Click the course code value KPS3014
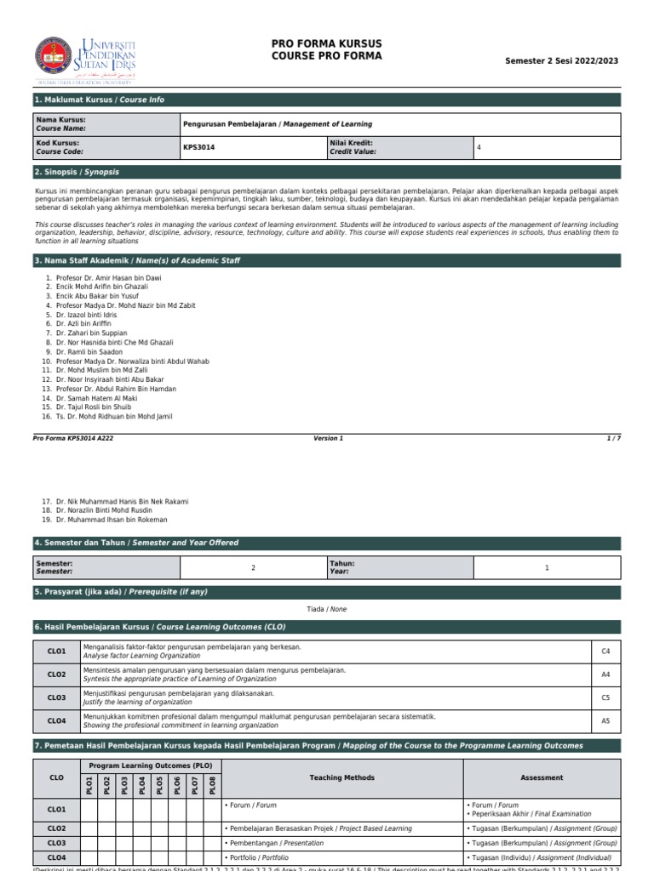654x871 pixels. point(199,147)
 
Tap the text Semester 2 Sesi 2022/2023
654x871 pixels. point(561,61)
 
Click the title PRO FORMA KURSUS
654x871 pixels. point(326,43)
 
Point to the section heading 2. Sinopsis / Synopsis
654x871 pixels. point(77,172)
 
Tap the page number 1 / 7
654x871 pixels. point(613,438)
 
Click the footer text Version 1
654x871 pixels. point(328,438)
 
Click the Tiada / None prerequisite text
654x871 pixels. point(327,609)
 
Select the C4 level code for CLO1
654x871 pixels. point(605,652)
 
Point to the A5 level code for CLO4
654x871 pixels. point(605,720)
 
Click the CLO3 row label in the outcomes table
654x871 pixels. point(56,697)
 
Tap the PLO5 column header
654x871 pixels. point(159,785)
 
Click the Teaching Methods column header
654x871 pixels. point(341,777)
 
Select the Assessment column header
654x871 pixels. point(542,777)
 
